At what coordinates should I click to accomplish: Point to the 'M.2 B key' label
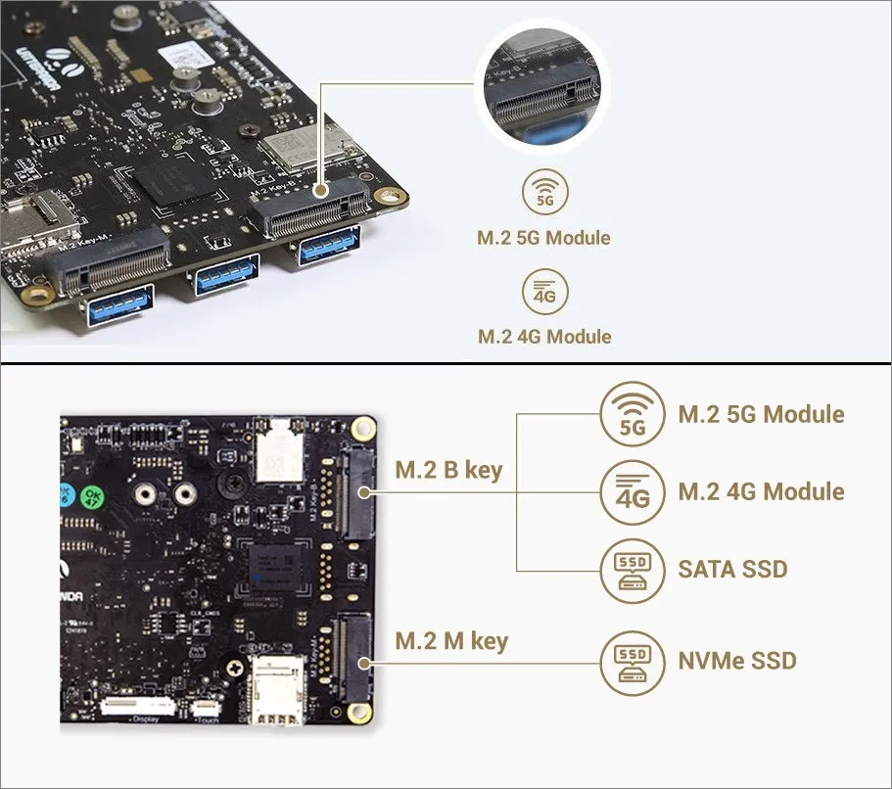447,470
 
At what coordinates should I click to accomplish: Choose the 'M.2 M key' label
451,641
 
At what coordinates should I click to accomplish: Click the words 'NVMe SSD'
736,661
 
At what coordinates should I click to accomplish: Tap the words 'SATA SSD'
732,568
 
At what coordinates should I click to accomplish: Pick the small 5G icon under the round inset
545,195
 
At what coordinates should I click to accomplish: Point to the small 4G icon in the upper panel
545,293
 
